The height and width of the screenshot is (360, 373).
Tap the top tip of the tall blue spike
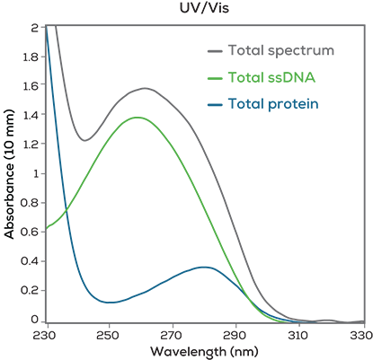point(48,29)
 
